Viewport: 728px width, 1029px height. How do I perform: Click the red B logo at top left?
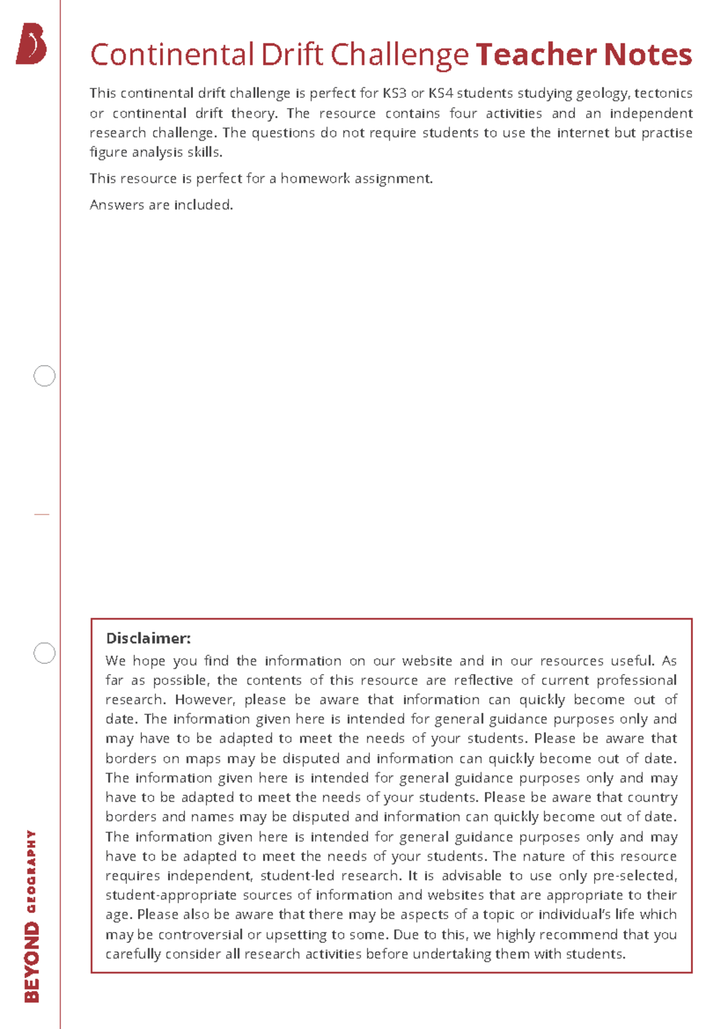[31, 44]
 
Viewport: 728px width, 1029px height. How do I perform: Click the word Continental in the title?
[172, 55]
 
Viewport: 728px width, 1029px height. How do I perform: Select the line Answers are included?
[161, 205]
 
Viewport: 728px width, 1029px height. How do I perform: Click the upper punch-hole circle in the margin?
[44, 376]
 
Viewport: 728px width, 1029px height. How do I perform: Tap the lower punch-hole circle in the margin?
[44, 653]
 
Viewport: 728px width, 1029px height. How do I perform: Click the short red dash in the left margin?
[41, 514]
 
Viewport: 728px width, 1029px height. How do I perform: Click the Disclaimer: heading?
[148, 638]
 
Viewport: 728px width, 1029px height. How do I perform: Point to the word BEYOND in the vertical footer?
[32, 962]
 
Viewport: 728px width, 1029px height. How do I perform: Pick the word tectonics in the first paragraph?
[663, 93]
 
